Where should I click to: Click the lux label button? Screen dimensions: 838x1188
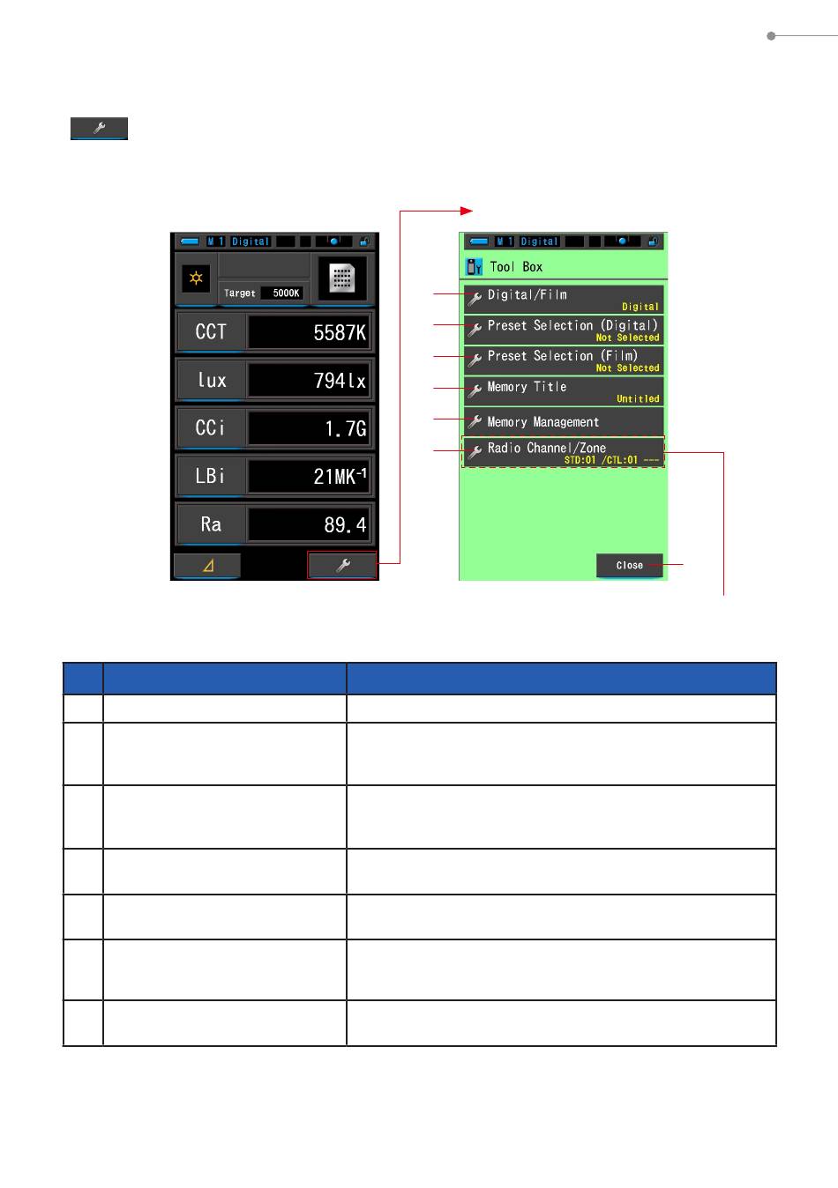pyautogui.click(x=211, y=380)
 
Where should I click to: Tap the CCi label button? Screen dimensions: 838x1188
pyautogui.click(x=211, y=428)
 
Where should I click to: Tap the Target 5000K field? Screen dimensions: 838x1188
pyautogui.click(x=264, y=293)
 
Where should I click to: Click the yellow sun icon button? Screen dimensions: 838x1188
pyautogui.click(x=196, y=278)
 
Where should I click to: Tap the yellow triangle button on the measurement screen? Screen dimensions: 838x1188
pyautogui.click(x=207, y=566)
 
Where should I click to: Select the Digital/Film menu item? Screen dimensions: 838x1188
pyautogui.click(x=564, y=299)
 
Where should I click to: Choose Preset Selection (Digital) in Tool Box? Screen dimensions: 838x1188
pyautogui.click(x=564, y=330)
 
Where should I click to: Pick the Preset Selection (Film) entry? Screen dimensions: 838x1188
pyautogui.click(x=564, y=360)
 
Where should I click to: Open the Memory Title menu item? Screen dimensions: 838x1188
pyautogui.click(x=564, y=391)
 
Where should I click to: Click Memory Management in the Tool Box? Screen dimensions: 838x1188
pyautogui.click(x=564, y=421)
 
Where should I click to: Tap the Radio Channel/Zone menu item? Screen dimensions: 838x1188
pyautogui.click(x=564, y=452)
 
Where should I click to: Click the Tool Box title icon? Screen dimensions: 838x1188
pyautogui.click(x=474, y=267)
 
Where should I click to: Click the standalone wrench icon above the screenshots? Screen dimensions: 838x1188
pyautogui.click(x=100, y=129)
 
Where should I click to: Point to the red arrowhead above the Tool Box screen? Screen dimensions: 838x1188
pyautogui.click(x=467, y=212)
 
